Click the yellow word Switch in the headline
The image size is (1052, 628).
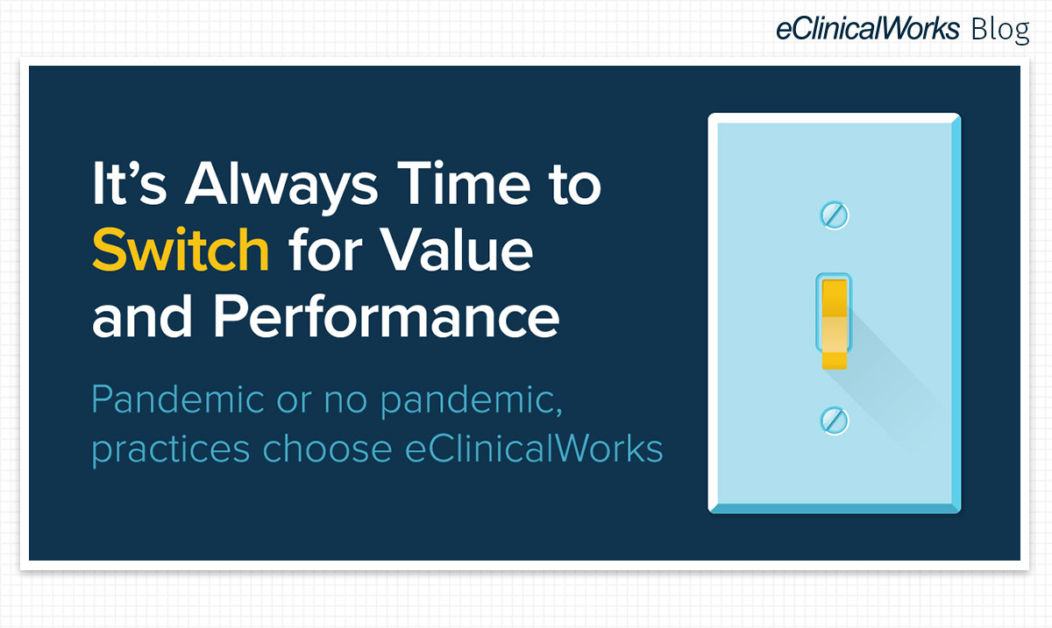(181, 250)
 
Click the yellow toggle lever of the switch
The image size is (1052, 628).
(834, 321)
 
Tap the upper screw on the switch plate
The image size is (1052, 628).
(834, 215)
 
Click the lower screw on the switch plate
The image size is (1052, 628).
(834, 420)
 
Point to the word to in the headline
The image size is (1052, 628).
(573, 187)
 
